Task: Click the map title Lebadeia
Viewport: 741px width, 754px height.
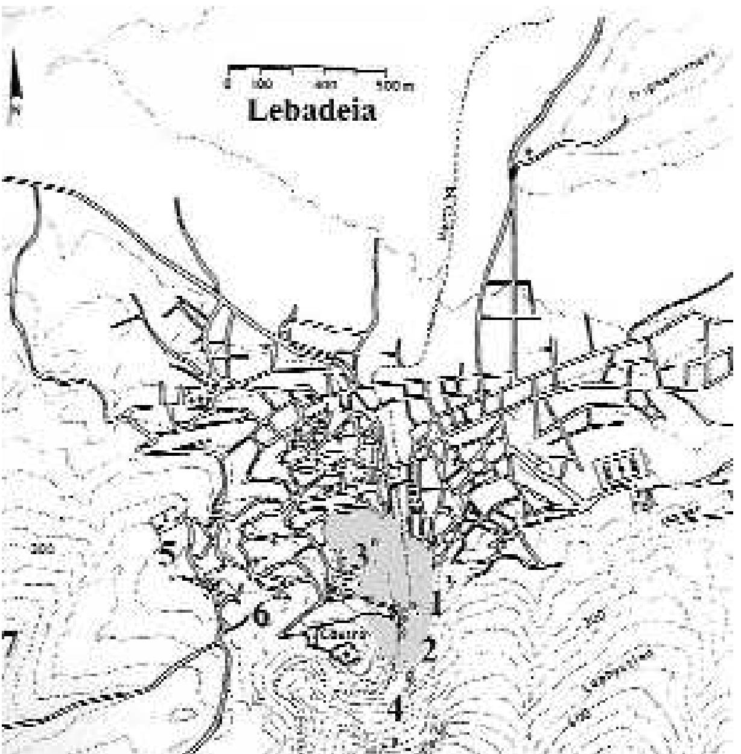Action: point(311,111)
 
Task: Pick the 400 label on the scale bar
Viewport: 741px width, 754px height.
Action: point(331,84)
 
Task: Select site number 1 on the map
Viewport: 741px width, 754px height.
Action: point(436,604)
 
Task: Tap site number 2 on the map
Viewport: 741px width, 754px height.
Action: point(429,651)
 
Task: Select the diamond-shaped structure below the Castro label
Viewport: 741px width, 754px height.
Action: point(345,654)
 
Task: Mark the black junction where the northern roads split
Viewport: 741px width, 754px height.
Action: point(514,172)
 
